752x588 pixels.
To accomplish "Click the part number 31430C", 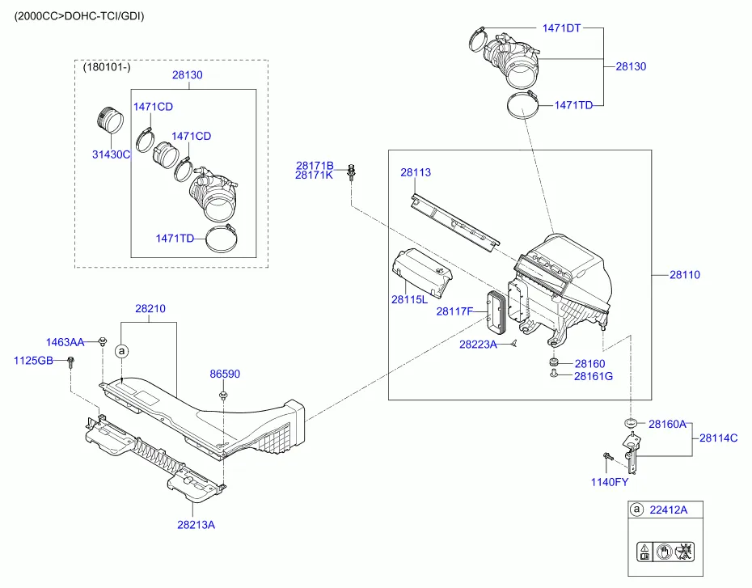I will click(x=109, y=154).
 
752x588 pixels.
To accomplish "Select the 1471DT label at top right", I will click(x=562, y=28).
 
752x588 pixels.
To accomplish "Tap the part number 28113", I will click(x=416, y=172).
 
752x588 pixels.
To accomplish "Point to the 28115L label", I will click(x=410, y=299).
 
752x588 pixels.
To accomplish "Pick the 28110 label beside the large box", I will click(x=684, y=274).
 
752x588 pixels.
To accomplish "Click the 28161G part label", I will click(x=594, y=376).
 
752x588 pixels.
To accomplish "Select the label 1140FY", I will click(x=608, y=482).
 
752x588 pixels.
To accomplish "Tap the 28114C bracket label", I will click(x=719, y=438).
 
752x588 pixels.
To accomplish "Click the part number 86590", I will click(x=225, y=374).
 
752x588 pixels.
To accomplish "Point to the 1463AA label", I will click(x=65, y=343).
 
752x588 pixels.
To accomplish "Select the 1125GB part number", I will click(x=33, y=359).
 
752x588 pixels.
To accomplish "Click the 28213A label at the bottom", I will click(x=196, y=525).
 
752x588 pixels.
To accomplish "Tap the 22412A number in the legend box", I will click(x=669, y=510).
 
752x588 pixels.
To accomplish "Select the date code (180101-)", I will click(x=106, y=69).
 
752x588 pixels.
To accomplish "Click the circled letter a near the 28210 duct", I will click(x=121, y=351).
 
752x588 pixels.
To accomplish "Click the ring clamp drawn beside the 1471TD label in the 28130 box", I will click(x=218, y=239).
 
